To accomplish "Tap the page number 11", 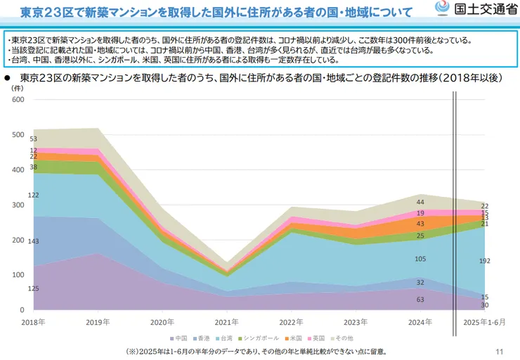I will click(x=500, y=352).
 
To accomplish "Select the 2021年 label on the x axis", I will click(x=226, y=321).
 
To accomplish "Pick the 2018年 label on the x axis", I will click(x=33, y=321).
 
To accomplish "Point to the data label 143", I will click(x=32, y=241).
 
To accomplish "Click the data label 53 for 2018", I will click(x=33, y=139).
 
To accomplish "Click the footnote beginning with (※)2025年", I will click(x=256, y=352).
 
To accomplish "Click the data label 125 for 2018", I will click(x=32, y=289).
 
